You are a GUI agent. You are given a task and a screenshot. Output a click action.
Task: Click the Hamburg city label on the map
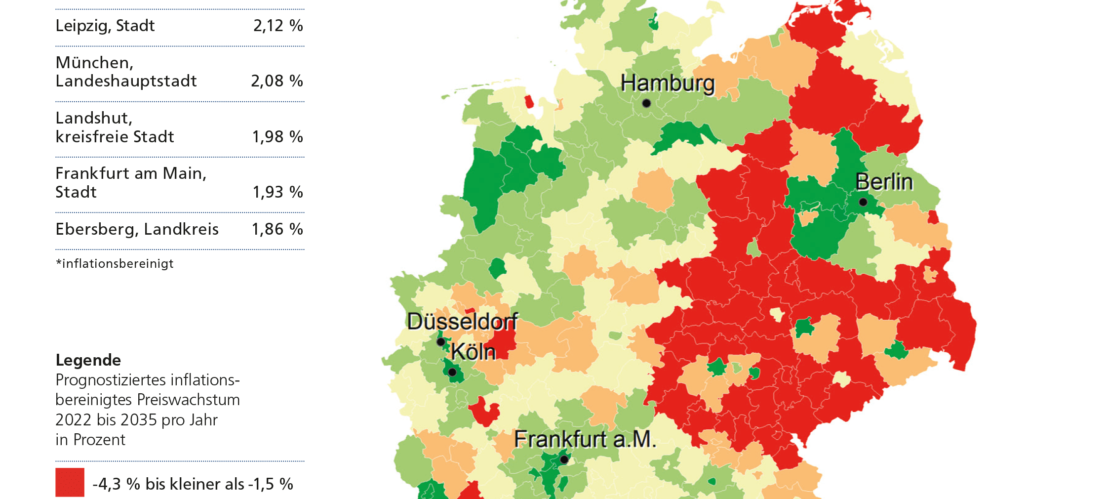pyautogui.click(x=668, y=83)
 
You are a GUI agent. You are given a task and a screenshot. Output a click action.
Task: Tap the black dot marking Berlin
pyautogui.click(x=863, y=202)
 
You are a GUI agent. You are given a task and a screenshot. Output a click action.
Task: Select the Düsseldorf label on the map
pyautogui.click(x=462, y=322)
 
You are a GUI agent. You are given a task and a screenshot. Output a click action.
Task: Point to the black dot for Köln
pyautogui.click(x=452, y=372)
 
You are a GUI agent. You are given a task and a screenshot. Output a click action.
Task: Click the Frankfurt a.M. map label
pyautogui.click(x=585, y=439)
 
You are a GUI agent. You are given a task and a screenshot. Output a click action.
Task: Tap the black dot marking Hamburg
pyautogui.click(x=646, y=103)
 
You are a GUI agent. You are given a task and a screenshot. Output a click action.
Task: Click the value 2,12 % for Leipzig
pyautogui.click(x=278, y=26)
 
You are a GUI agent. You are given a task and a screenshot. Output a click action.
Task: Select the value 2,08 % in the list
pyautogui.click(x=277, y=81)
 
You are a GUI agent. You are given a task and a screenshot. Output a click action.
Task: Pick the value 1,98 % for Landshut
pyautogui.click(x=277, y=137)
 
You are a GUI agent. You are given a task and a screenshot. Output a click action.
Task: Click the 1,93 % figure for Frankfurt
pyautogui.click(x=277, y=192)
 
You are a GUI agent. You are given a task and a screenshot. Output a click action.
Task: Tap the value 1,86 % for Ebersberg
pyautogui.click(x=277, y=229)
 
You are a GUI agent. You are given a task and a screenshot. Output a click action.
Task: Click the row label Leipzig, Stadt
pyautogui.click(x=105, y=26)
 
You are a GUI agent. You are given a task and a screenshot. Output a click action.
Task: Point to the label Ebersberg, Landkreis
pyautogui.click(x=137, y=229)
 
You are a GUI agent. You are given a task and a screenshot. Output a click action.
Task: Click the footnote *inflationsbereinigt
pyautogui.click(x=115, y=263)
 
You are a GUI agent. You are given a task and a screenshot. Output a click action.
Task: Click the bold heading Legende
pyautogui.click(x=88, y=360)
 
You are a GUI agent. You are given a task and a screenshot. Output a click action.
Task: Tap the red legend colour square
pyautogui.click(x=70, y=482)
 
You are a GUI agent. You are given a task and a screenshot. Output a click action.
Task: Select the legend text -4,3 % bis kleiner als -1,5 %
pyautogui.click(x=193, y=484)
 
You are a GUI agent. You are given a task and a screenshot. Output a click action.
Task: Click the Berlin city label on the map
pyautogui.click(x=884, y=182)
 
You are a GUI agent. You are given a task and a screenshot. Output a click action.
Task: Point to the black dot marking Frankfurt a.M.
pyautogui.click(x=564, y=459)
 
